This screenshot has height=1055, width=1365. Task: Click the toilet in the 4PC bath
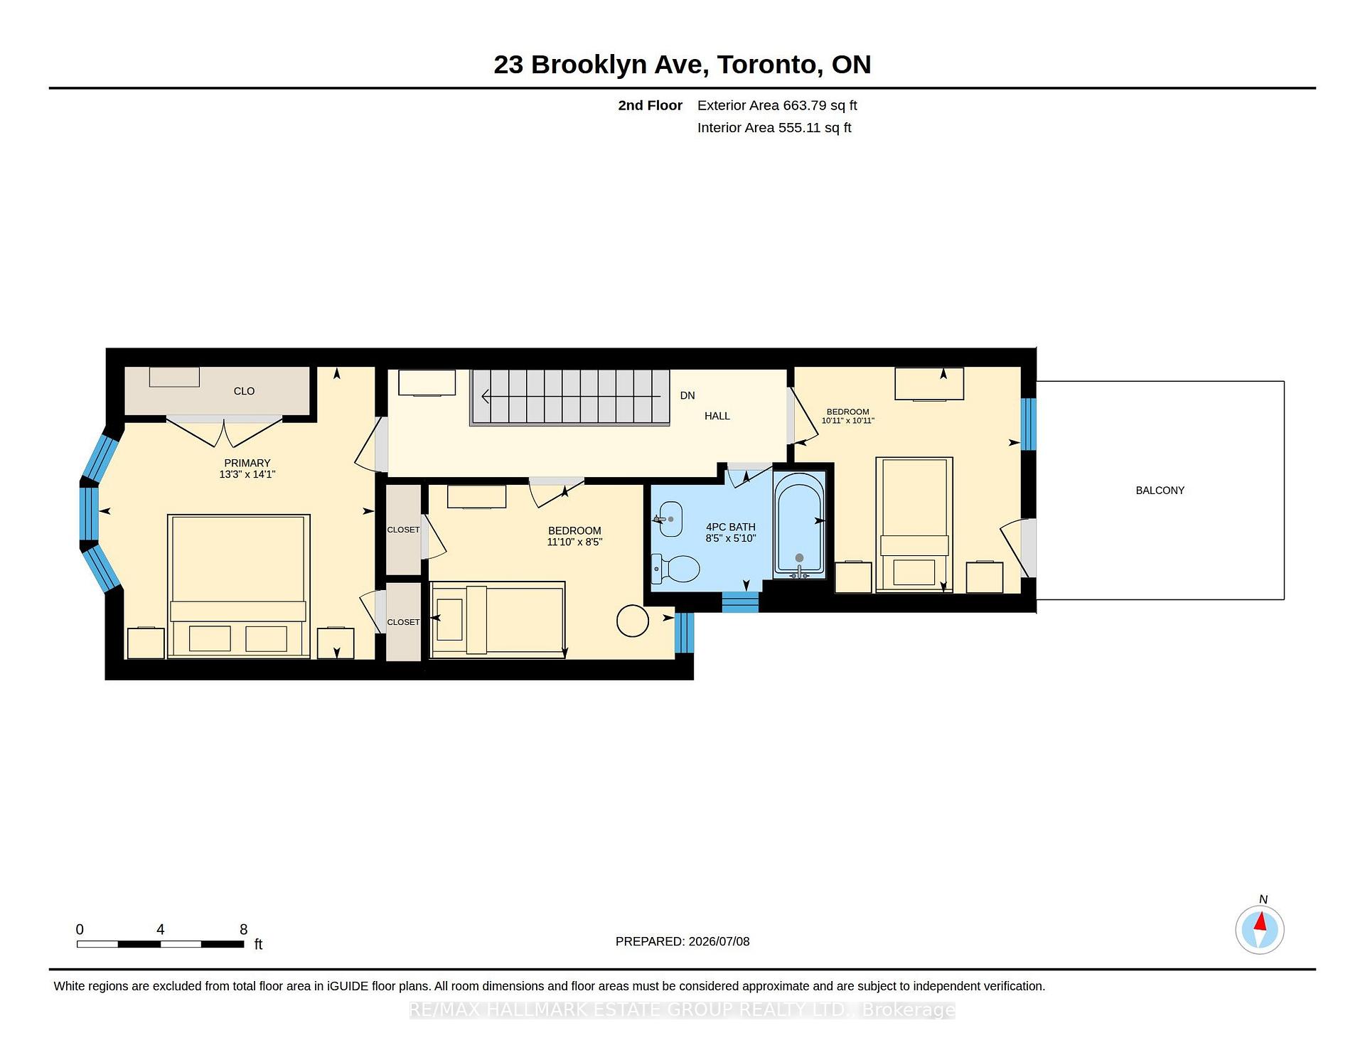[676, 568]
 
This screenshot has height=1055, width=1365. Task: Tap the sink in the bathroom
[668, 519]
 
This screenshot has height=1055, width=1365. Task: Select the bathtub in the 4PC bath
[799, 524]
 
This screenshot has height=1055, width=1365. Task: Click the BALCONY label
[1160, 491]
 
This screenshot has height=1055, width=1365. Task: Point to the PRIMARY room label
[247, 463]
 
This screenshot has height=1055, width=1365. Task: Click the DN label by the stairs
[687, 395]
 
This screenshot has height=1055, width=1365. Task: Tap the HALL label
[717, 416]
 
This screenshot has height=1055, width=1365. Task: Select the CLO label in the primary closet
[244, 391]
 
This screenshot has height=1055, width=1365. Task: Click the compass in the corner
[1260, 929]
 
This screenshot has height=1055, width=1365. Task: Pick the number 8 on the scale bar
[243, 929]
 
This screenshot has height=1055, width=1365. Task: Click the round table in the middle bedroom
[633, 621]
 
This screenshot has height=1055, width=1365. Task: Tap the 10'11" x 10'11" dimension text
[847, 421]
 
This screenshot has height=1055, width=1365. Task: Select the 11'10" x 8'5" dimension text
[574, 542]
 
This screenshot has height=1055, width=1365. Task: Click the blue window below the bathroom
[740, 602]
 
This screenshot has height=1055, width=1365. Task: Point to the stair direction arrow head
[486, 396]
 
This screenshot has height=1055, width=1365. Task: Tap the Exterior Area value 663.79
[805, 105]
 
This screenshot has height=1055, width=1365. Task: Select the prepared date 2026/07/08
[719, 941]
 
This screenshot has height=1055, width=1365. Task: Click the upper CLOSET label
[403, 530]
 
